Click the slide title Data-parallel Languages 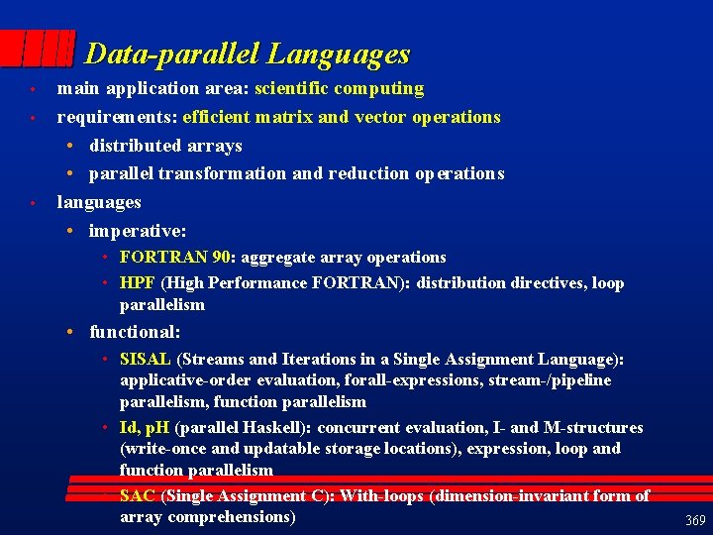pos(247,53)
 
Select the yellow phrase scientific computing pos(339,88)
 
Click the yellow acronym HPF pos(138,282)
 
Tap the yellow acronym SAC pos(138,495)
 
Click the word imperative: pos(138,230)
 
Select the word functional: pos(135,332)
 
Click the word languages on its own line pos(99,201)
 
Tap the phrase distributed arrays pos(165,145)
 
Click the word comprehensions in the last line pos(232,517)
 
